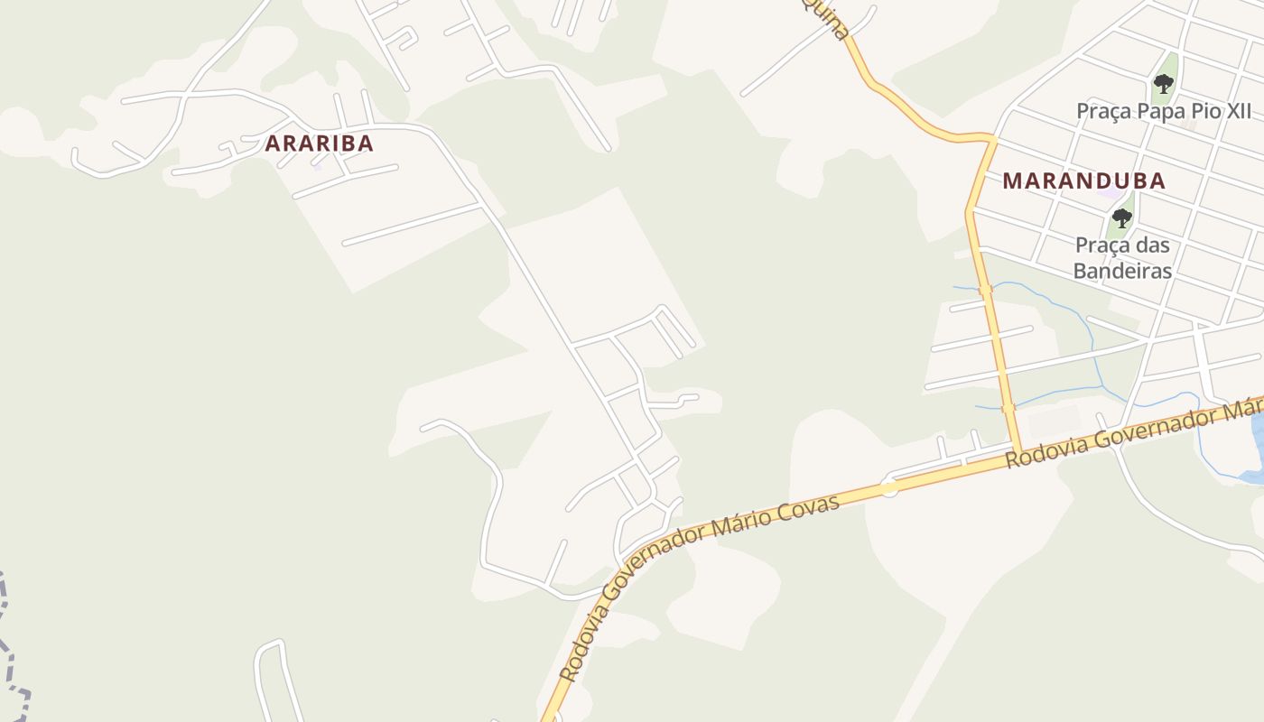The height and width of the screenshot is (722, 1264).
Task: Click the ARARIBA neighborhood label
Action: [x=319, y=143]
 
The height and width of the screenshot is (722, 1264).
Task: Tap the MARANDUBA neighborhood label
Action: [x=1083, y=180]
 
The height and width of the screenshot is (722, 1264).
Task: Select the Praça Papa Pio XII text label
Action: [x=1164, y=111]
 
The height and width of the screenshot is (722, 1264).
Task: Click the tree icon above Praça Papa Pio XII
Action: [x=1164, y=85]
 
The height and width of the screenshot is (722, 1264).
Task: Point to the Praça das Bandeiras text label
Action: [x=1122, y=257]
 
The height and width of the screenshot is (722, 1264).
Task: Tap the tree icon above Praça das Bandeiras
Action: [x=1121, y=218]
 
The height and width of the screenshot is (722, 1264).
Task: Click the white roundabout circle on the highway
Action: [x=889, y=488]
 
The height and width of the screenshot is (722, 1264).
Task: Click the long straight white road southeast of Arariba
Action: [x=542, y=289]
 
